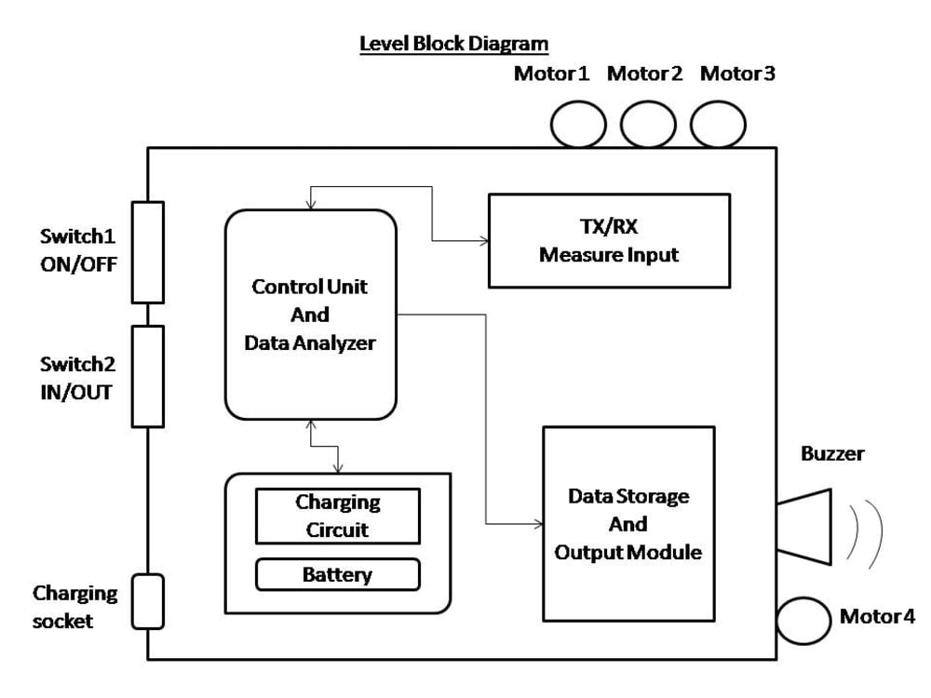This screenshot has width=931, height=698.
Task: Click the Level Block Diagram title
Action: pos(453,44)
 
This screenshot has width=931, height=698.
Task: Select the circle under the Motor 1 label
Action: pos(578,125)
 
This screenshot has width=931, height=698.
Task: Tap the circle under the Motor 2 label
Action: pos(648,125)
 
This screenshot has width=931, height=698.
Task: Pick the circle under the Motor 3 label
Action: pos(718,125)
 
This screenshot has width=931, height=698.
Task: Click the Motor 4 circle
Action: pos(803,621)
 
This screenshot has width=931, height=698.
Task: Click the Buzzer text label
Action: pos(831,454)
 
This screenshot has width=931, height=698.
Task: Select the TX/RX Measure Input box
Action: pos(609,240)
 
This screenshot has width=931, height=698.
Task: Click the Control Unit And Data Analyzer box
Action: pos(310,314)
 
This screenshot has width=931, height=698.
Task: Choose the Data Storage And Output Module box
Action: pos(628,523)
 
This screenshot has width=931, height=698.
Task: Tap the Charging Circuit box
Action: pos(337,517)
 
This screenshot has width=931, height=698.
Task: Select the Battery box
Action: pos(337,574)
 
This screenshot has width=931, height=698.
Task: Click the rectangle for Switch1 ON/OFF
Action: pos(147,252)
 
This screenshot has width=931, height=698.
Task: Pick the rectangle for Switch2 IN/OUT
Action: pos(147,375)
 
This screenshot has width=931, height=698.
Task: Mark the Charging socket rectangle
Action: pos(147,601)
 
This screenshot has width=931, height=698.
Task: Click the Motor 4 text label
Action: pos(877,616)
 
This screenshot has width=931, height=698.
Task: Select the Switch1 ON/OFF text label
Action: pos(78,249)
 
